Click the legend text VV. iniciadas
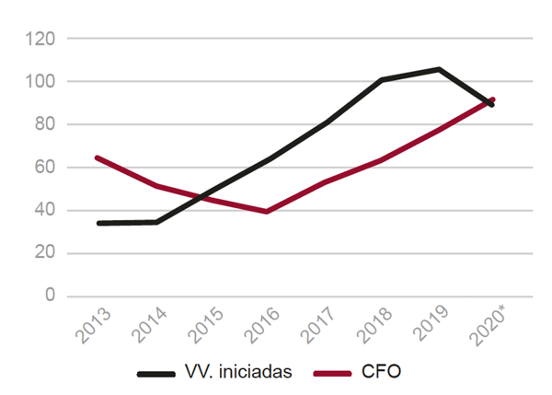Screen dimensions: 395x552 pos(237,373)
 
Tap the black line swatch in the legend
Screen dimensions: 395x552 pos(156,374)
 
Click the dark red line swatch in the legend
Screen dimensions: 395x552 pos(332,374)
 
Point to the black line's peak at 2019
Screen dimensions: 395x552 pos(439,69)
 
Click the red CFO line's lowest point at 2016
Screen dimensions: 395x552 pos(266,211)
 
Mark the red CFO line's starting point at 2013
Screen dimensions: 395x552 pos(98,157)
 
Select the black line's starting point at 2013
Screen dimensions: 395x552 pos(98,223)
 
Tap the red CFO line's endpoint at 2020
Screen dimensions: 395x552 pos(493,99)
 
